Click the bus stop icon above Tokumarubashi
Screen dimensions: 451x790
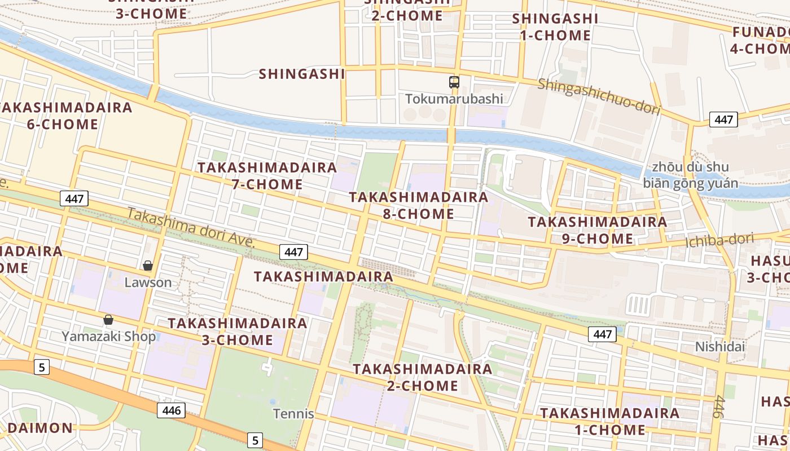coord(454,82)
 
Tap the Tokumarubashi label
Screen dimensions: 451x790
coord(454,99)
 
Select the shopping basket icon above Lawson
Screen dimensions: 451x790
coord(148,266)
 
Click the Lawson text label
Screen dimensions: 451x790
coord(148,282)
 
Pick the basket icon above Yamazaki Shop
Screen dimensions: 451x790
coord(108,320)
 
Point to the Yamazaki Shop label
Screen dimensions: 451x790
coord(108,337)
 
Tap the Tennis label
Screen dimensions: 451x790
coord(293,414)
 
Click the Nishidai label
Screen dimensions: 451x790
coord(719,346)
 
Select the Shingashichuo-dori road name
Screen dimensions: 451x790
coord(598,96)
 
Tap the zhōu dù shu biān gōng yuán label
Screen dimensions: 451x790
coord(690,175)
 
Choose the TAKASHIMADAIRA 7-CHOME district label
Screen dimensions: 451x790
coord(267,176)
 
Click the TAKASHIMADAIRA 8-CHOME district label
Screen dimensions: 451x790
coord(418,205)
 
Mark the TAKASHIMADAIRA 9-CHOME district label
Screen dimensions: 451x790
coord(598,230)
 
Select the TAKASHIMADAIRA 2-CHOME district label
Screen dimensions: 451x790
coord(422,377)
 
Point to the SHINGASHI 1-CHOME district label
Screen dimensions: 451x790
coord(555,27)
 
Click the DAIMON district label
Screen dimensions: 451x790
coord(40,428)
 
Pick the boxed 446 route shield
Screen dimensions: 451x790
coord(171,410)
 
